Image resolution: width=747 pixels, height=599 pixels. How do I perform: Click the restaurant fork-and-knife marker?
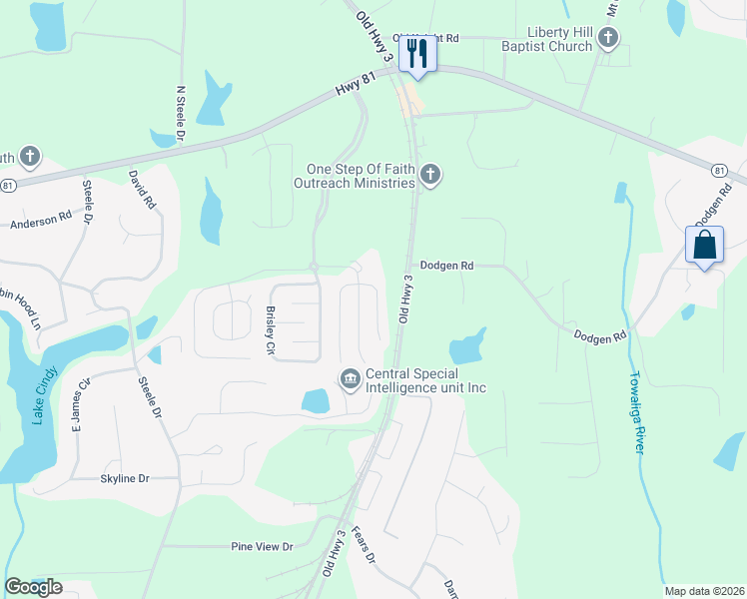coord(417,54)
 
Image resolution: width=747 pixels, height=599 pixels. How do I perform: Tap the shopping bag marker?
coord(704,246)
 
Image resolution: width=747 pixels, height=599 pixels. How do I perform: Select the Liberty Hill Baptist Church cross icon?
coord(608,39)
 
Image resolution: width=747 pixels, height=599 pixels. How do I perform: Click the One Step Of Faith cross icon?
coord(430,176)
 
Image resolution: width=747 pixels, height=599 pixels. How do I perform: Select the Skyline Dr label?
coord(124,479)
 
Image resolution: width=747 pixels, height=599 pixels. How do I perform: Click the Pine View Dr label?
coord(262,546)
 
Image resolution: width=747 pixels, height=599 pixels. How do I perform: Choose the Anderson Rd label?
coord(41,220)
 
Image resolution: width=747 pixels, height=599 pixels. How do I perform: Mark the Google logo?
coord(33,587)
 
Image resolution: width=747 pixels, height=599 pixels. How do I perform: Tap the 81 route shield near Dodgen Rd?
coord(720,171)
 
